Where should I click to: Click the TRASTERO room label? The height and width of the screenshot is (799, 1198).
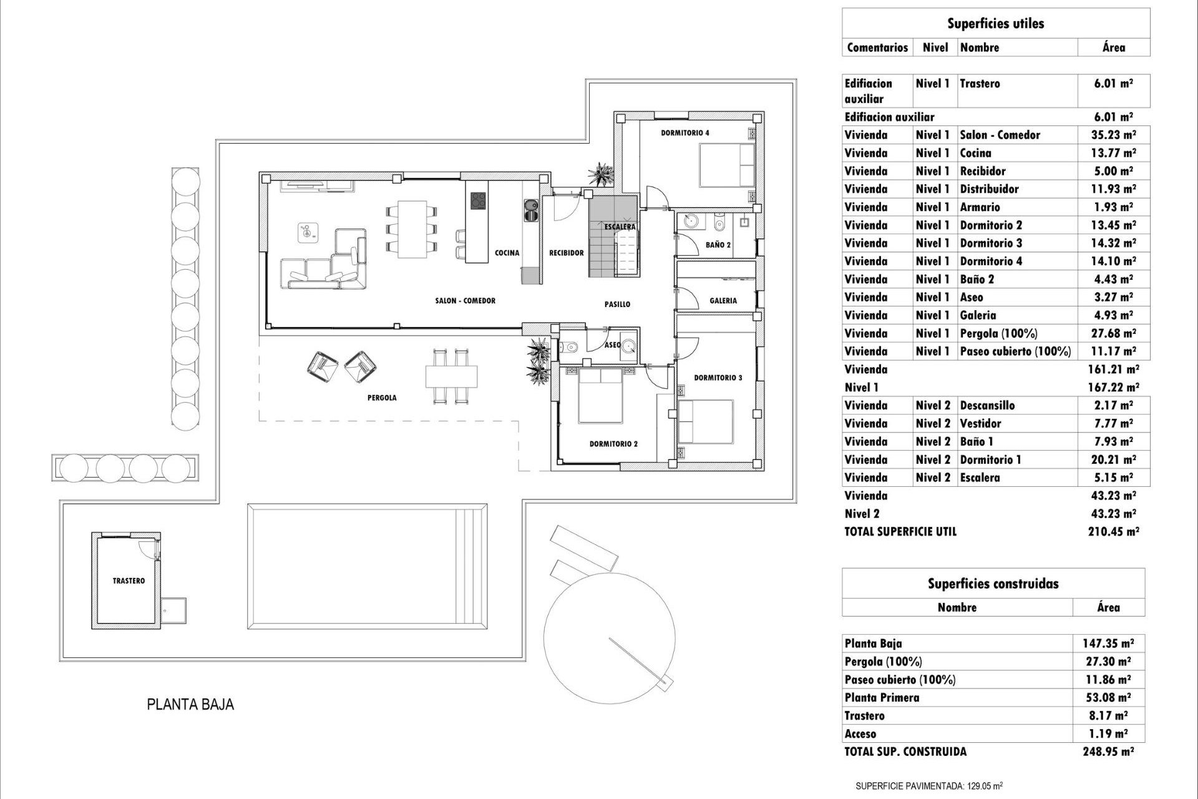pos(129,581)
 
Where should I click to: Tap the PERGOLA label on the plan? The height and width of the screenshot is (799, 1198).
pos(382,398)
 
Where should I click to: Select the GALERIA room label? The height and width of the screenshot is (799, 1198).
pos(723,300)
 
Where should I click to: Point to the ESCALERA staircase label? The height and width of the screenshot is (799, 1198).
pos(620,227)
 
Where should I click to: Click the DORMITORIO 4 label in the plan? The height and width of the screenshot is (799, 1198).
pos(685,133)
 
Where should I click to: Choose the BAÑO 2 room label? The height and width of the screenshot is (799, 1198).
pos(718,245)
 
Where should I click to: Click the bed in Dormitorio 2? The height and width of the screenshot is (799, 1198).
pos(600,396)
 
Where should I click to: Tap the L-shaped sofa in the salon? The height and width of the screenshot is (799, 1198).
pos(324,265)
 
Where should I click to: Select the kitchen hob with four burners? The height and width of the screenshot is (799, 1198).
pos(478,200)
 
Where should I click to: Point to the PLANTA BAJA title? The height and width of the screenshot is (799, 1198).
pos(190,705)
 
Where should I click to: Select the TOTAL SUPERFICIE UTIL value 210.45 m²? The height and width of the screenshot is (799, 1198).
pos(1113,532)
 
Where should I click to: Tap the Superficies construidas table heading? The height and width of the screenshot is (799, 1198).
pos(993,584)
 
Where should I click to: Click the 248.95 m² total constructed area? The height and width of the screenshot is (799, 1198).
pos(1108,752)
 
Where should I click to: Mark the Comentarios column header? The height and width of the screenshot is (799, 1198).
pos(877,47)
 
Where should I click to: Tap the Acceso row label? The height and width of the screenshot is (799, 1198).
pos(860,734)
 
